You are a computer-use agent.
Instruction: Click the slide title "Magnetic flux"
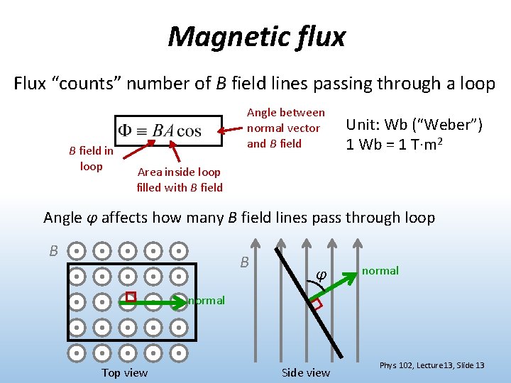point(256,36)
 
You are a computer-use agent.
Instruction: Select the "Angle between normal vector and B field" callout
point(285,128)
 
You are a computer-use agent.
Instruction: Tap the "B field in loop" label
point(91,158)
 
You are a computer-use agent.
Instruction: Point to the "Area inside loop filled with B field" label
point(180,179)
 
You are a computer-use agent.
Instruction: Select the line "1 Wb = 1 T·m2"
point(404,144)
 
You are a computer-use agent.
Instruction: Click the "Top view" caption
point(125,372)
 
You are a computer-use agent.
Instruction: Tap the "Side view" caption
point(306,372)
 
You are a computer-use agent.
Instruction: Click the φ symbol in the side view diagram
point(320,274)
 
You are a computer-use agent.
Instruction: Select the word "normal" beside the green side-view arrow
point(380,270)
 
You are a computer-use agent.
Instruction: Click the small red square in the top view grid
point(130,296)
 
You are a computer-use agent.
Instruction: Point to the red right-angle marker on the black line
point(316,304)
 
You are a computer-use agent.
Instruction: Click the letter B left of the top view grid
point(53,250)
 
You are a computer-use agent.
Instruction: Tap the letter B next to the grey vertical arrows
point(244,262)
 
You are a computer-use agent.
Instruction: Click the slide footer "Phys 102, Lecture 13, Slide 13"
point(432,365)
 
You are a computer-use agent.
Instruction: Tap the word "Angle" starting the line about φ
point(62,218)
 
